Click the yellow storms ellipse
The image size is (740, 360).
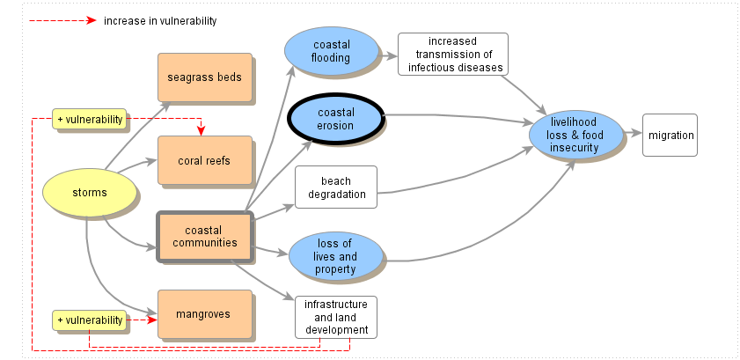tap(90, 192)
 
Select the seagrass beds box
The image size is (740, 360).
tap(204, 77)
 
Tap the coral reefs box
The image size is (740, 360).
tap(204, 160)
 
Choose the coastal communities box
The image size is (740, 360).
tap(204, 237)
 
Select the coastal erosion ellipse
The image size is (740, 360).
tap(336, 119)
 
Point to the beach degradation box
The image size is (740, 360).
tap(335, 187)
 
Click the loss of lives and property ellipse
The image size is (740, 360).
tap(335, 256)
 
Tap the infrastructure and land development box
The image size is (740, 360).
tap(335, 317)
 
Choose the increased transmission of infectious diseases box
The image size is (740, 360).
tap(453, 54)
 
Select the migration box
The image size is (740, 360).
tap(670, 136)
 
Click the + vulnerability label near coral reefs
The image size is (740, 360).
tap(90, 119)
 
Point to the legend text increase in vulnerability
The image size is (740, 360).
tap(160, 20)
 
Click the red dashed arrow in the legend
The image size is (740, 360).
tap(58, 20)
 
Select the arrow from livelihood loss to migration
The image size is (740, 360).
tap(630, 136)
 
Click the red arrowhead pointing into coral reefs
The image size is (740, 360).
tap(201, 132)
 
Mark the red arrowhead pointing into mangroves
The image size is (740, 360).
tap(151, 320)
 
